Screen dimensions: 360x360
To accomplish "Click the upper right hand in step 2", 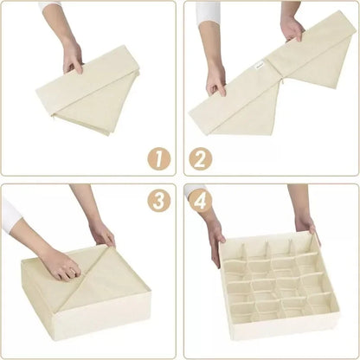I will click(x=292, y=29).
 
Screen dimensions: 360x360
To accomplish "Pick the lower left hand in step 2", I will click(x=215, y=79).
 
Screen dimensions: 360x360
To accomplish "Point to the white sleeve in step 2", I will click(x=208, y=12).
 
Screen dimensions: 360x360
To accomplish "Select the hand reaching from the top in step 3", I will click(x=100, y=229).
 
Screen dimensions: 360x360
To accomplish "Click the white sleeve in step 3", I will click(x=10, y=212).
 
